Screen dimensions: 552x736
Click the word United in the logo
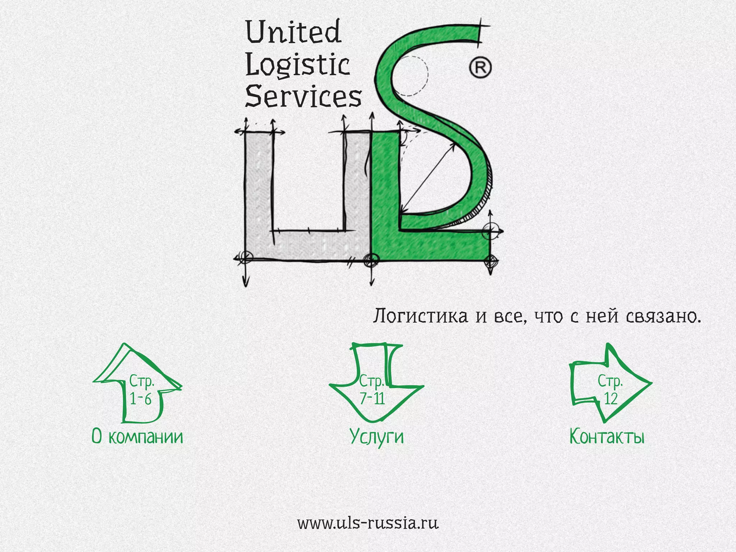[x=293, y=32]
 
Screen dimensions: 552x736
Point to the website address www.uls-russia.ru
[x=368, y=523]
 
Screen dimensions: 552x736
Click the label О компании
[x=137, y=437]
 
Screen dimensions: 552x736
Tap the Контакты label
[x=607, y=437]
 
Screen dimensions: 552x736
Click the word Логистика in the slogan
[x=420, y=316]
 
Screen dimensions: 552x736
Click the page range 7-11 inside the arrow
[x=373, y=399]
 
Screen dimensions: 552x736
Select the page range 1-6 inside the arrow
[x=141, y=399]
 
